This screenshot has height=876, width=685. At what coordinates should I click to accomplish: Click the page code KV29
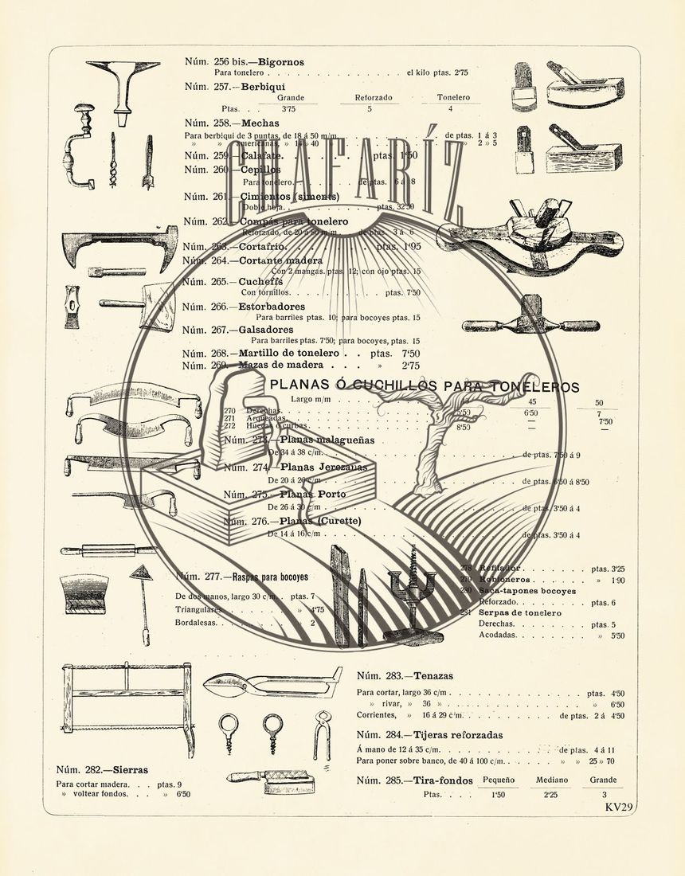coord(619,808)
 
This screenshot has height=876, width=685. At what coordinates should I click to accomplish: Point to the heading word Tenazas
coord(433,675)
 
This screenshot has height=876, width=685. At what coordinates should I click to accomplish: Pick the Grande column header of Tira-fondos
coord(604,780)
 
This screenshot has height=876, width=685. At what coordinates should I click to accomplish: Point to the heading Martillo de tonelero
coord(284,353)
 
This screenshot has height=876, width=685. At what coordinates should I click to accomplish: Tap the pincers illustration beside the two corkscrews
coord(322,734)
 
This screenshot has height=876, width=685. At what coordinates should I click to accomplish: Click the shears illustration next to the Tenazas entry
coord(272,683)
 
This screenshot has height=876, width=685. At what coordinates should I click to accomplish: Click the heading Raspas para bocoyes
coord(270,577)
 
